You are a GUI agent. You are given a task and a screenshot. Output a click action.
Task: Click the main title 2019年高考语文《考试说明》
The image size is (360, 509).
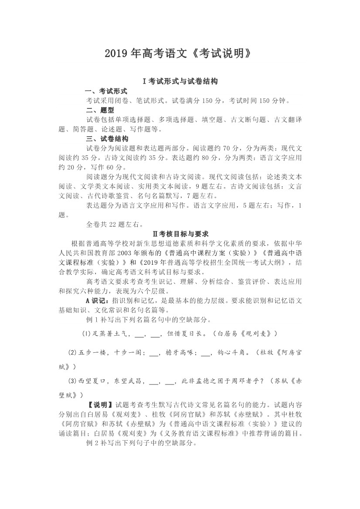180,54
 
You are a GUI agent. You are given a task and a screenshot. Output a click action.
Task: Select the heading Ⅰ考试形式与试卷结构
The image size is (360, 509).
180,81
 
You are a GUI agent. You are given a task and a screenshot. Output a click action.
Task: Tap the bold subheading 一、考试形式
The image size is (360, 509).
107,91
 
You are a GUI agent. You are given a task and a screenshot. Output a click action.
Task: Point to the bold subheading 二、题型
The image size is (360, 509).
100,110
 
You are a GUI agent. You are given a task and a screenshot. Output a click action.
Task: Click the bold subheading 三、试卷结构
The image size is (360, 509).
107,139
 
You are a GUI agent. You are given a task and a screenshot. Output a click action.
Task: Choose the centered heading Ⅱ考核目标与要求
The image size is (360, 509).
180,234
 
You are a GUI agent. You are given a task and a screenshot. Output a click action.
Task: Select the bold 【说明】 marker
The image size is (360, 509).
101,405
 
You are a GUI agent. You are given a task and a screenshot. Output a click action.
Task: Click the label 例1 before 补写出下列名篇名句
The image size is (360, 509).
93,320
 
